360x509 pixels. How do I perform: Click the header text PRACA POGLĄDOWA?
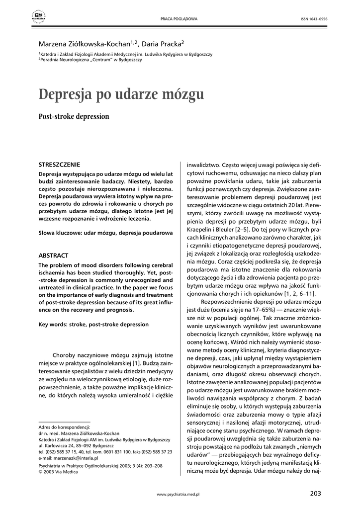tap(179, 19)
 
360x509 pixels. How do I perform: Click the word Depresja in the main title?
tap(67, 93)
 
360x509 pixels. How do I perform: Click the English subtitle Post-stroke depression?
tap(74, 117)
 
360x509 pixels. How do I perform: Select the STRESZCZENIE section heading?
tap(59, 164)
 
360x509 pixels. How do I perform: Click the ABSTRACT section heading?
tap(53, 255)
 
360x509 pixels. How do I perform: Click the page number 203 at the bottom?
tap(315, 493)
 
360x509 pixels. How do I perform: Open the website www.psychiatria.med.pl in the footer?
tap(178, 495)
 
